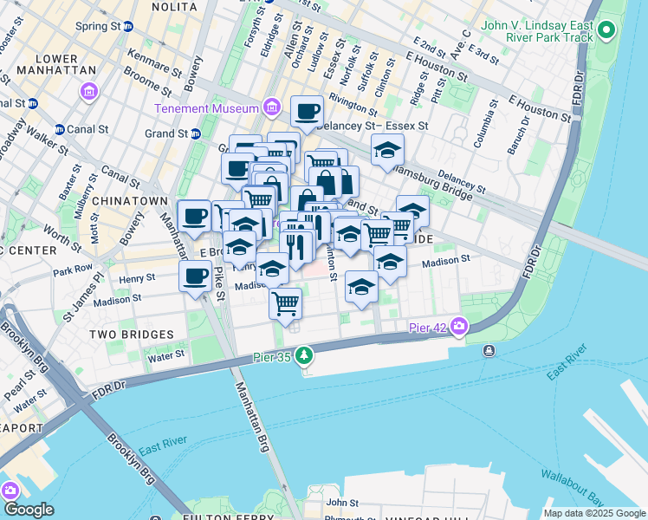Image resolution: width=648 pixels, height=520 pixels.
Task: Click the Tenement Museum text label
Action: (x=206, y=108)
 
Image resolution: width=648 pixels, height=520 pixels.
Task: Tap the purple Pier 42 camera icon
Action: (x=457, y=328)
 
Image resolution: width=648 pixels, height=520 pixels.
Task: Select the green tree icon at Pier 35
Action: (x=303, y=355)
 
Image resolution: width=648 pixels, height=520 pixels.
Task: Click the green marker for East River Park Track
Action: (x=606, y=33)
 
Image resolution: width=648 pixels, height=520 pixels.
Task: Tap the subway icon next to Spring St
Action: (x=128, y=27)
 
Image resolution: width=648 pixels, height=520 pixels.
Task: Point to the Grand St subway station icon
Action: (x=196, y=133)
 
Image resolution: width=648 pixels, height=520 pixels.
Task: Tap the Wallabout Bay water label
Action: (x=571, y=487)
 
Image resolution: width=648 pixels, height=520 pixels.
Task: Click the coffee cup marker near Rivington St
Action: (x=308, y=111)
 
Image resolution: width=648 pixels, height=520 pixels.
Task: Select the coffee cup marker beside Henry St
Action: (x=195, y=277)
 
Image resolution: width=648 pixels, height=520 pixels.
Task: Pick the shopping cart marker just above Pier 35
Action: (x=285, y=304)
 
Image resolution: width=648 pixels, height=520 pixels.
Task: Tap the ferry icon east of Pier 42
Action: (x=489, y=350)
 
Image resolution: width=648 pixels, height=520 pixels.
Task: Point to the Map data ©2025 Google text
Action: (x=594, y=513)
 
